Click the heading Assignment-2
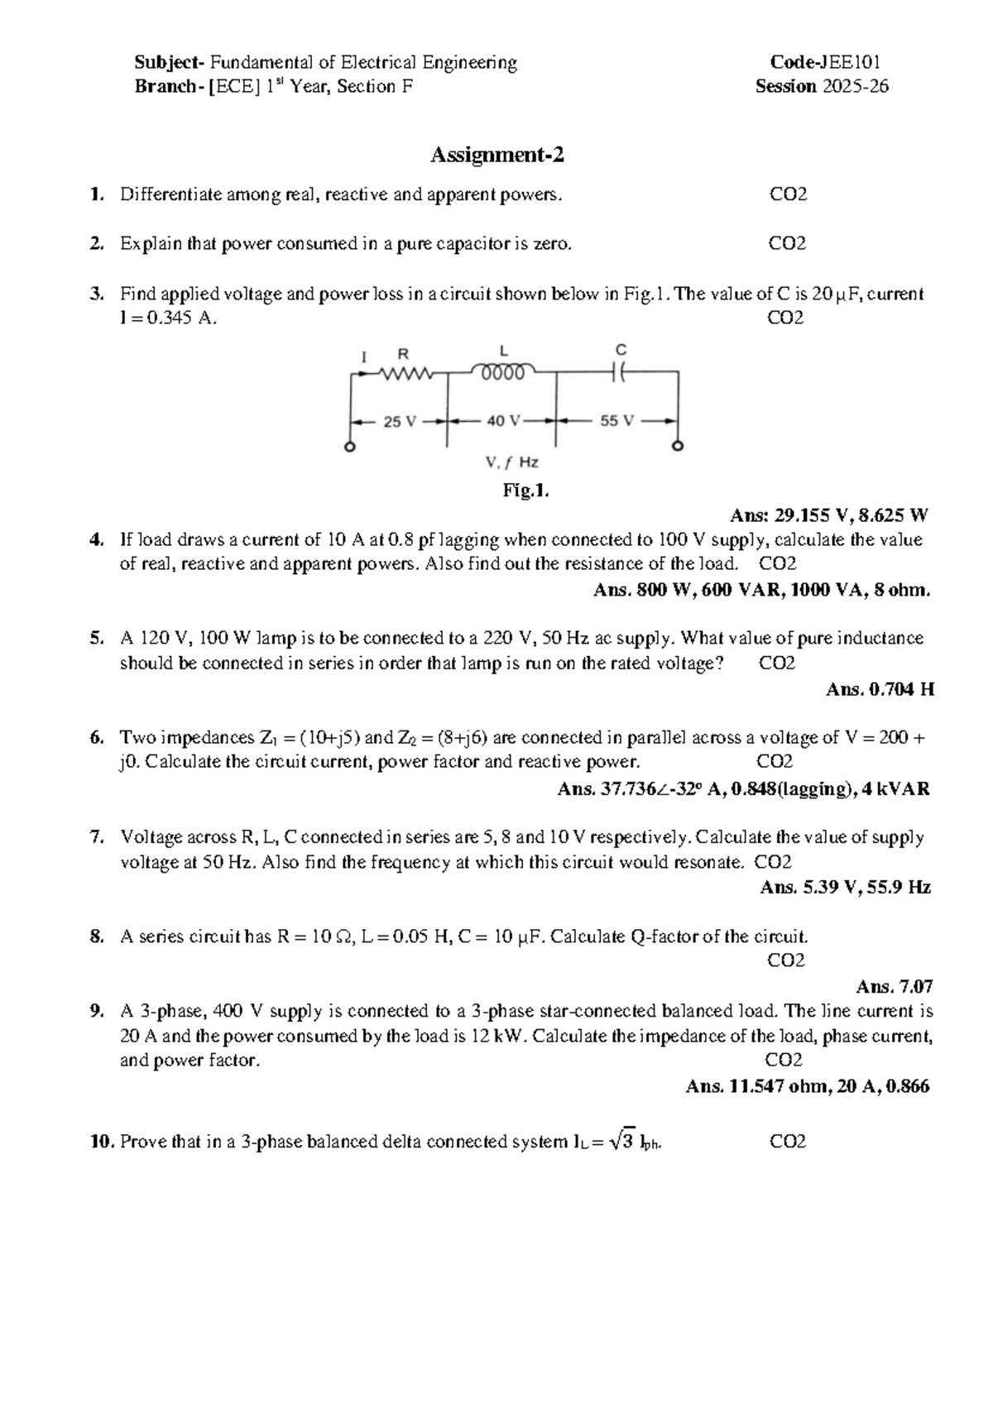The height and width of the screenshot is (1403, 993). (x=496, y=155)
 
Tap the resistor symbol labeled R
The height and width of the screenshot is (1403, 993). (x=405, y=373)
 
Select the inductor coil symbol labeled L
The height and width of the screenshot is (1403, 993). (x=503, y=371)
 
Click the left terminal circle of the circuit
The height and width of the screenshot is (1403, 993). (x=351, y=448)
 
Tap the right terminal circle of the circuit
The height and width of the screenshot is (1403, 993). (x=679, y=448)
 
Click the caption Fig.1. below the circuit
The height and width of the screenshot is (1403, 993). (x=525, y=491)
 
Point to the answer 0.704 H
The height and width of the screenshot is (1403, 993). (x=902, y=689)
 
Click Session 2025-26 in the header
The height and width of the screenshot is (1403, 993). (x=822, y=87)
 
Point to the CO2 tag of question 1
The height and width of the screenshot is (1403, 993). (x=788, y=195)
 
